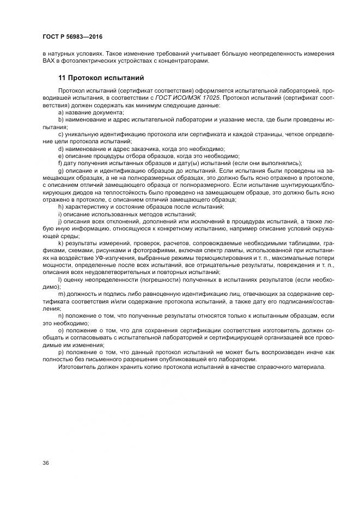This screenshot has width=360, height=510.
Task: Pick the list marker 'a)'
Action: click(61, 112)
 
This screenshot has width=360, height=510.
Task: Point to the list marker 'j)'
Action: click(60, 222)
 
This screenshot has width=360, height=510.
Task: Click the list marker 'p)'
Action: click(61, 353)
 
